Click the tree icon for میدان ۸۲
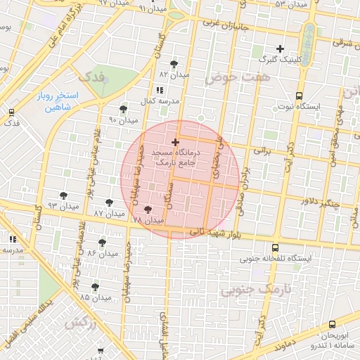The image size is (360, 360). (174, 64)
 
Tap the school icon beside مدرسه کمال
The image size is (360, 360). (160, 90)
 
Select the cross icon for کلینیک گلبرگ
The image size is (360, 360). (280, 49)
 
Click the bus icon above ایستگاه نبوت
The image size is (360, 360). (299, 96)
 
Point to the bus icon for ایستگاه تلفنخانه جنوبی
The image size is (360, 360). (274, 247)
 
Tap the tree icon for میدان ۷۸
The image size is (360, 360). (148, 209)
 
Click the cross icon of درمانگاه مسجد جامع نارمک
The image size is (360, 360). (174, 143)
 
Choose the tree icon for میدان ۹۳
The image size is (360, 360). (64, 194)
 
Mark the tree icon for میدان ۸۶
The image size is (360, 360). (103, 242)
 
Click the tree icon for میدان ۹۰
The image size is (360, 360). (124, 109)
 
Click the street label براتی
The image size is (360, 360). (262, 150)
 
